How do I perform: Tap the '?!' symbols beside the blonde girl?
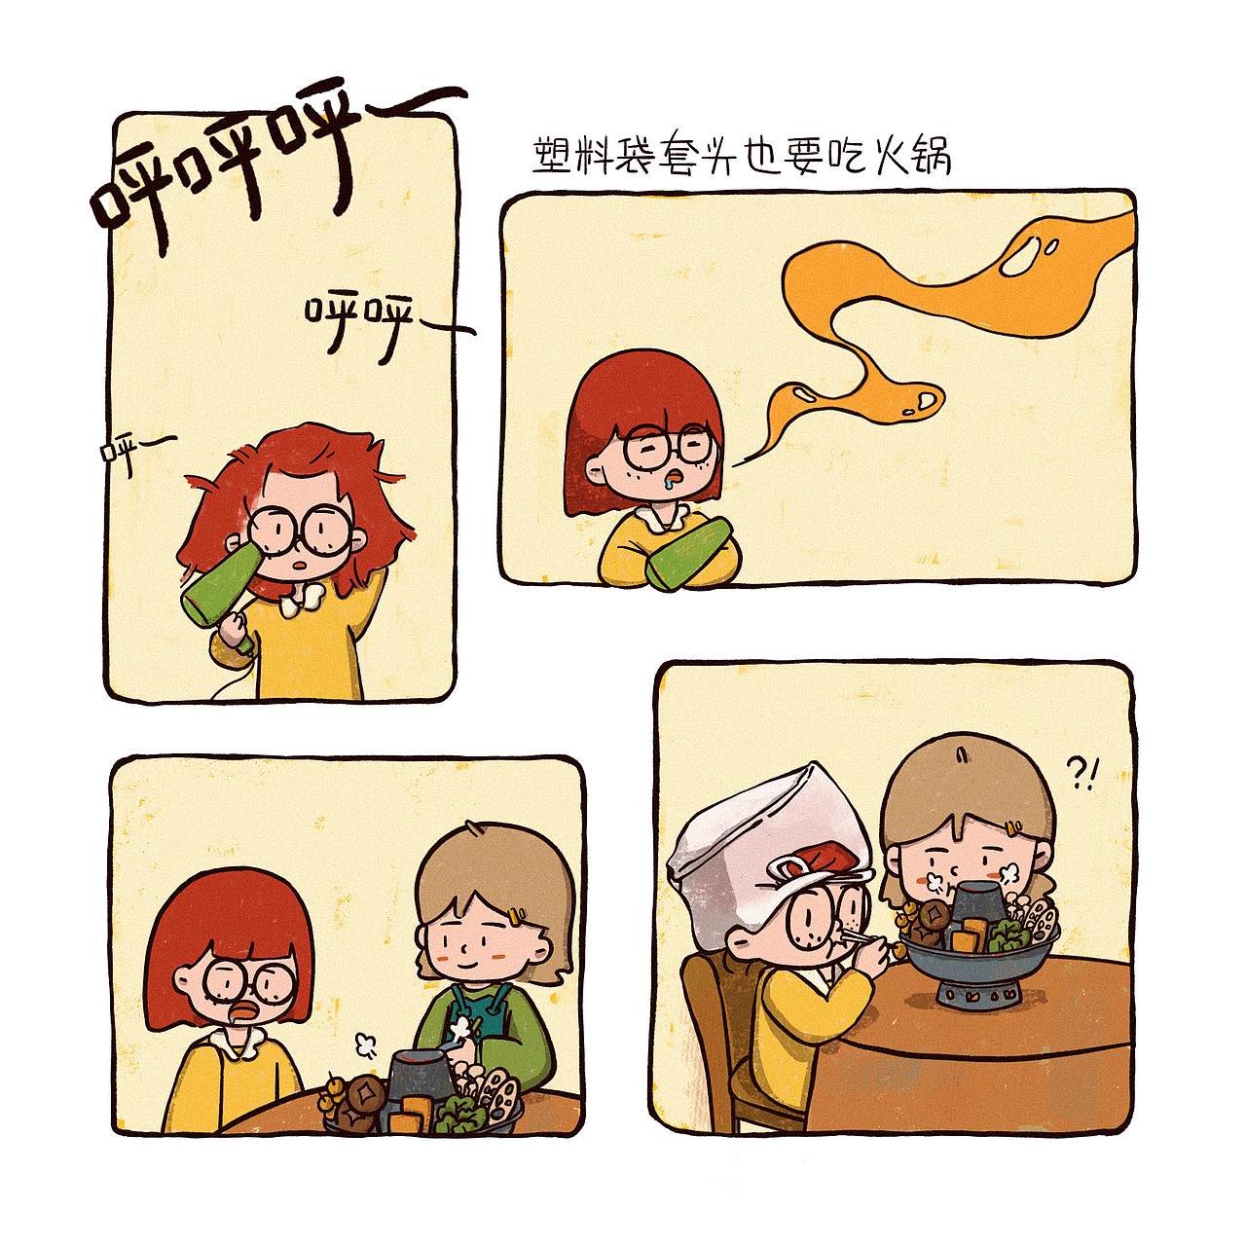tap(1081, 773)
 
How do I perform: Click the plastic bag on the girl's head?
tap(759, 827)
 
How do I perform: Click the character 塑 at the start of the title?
tap(553, 156)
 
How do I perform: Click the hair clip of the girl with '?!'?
tap(1016, 828)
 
